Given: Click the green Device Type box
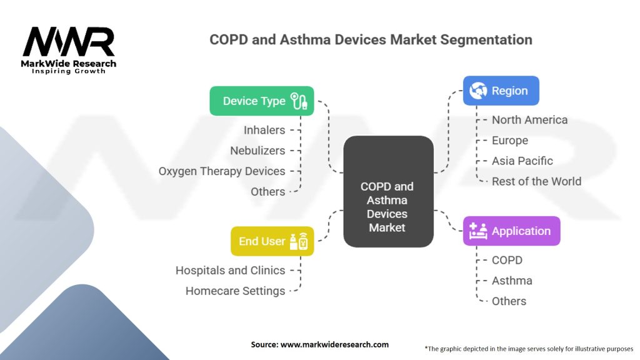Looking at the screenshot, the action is click(x=262, y=101).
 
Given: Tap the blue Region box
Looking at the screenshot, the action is click(x=501, y=91).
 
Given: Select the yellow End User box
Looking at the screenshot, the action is click(x=272, y=241).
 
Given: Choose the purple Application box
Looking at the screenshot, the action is click(x=511, y=231).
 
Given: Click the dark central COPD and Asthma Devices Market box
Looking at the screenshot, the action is click(x=388, y=191).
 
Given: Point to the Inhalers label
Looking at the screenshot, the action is click(x=264, y=130).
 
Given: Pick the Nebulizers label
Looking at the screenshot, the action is click(x=257, y=151).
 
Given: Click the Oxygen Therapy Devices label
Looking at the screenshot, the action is click(x=222, y=171).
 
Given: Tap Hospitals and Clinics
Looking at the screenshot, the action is click(x=230, y=271).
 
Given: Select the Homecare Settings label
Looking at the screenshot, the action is click(x=235, y=291).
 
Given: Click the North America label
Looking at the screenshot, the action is click(x=529, y=120).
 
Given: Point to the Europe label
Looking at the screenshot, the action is click(x=510, y=141).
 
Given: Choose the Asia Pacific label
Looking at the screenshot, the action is click(x=522, y=161).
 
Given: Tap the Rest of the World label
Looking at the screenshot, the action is click(x=536, y=181).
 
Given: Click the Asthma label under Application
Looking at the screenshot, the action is click(x=512, y=281).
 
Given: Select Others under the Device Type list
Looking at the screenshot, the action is click(x=267, y=192).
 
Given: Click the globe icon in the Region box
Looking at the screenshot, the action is click(x=478, y=91).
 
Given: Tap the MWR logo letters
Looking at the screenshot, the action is click(x=69, y=42).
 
